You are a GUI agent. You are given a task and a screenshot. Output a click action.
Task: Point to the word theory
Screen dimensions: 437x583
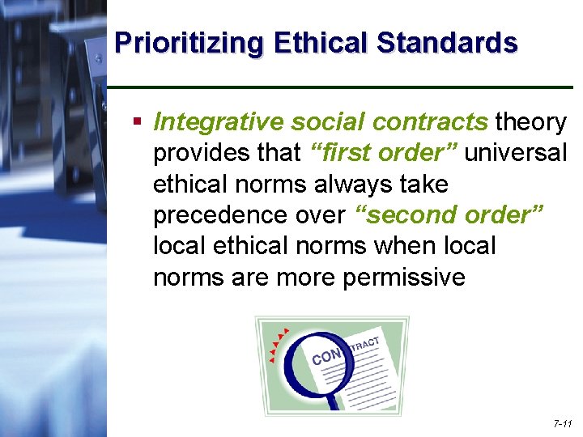[x=530, y=122]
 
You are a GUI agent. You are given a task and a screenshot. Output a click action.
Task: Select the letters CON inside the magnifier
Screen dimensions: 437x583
[x=326, y=356]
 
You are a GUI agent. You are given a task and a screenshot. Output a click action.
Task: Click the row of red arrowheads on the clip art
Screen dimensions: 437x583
[x=279, y=343]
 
